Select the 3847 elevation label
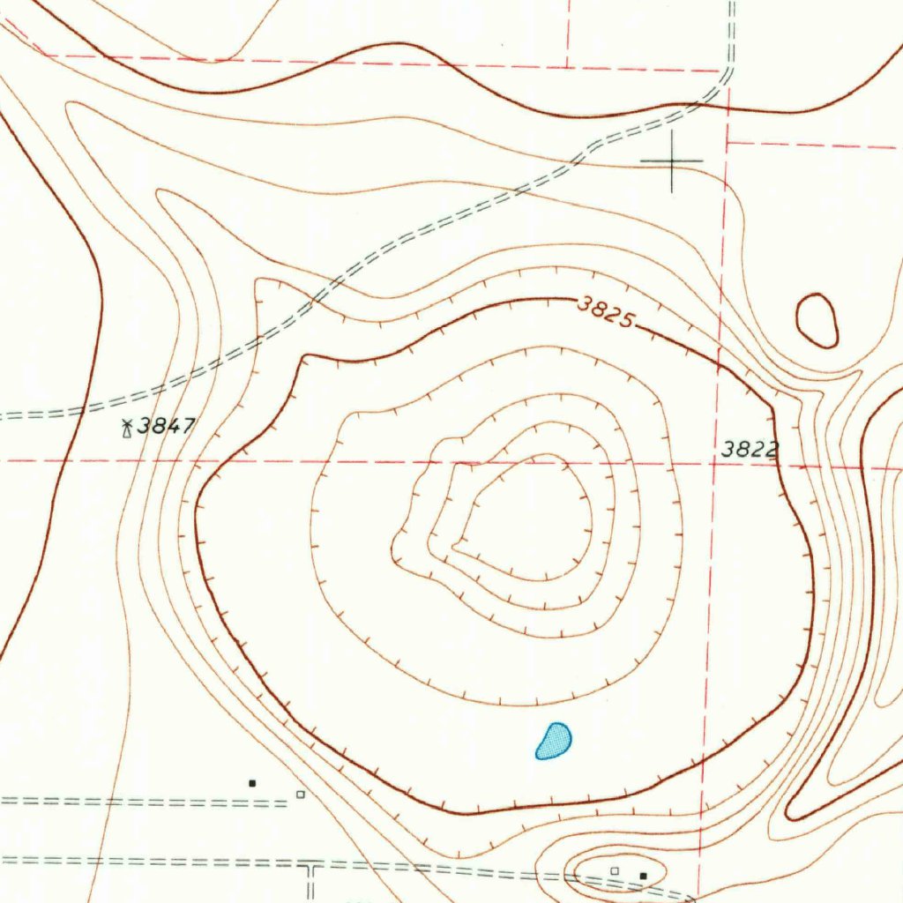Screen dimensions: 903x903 [167, 427]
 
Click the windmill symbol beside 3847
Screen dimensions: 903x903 [127, 429]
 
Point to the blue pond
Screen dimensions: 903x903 [554, 741]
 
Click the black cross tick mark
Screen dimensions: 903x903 [671, 160]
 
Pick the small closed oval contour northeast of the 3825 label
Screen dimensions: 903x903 [817, 320]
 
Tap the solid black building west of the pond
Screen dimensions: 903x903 [252, 782]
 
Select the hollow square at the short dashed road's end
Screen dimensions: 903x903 [301, 795]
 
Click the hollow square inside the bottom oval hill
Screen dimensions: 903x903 [616, 870]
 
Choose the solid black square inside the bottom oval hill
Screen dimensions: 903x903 [643, 875]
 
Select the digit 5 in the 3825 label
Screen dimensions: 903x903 [625, 319]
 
